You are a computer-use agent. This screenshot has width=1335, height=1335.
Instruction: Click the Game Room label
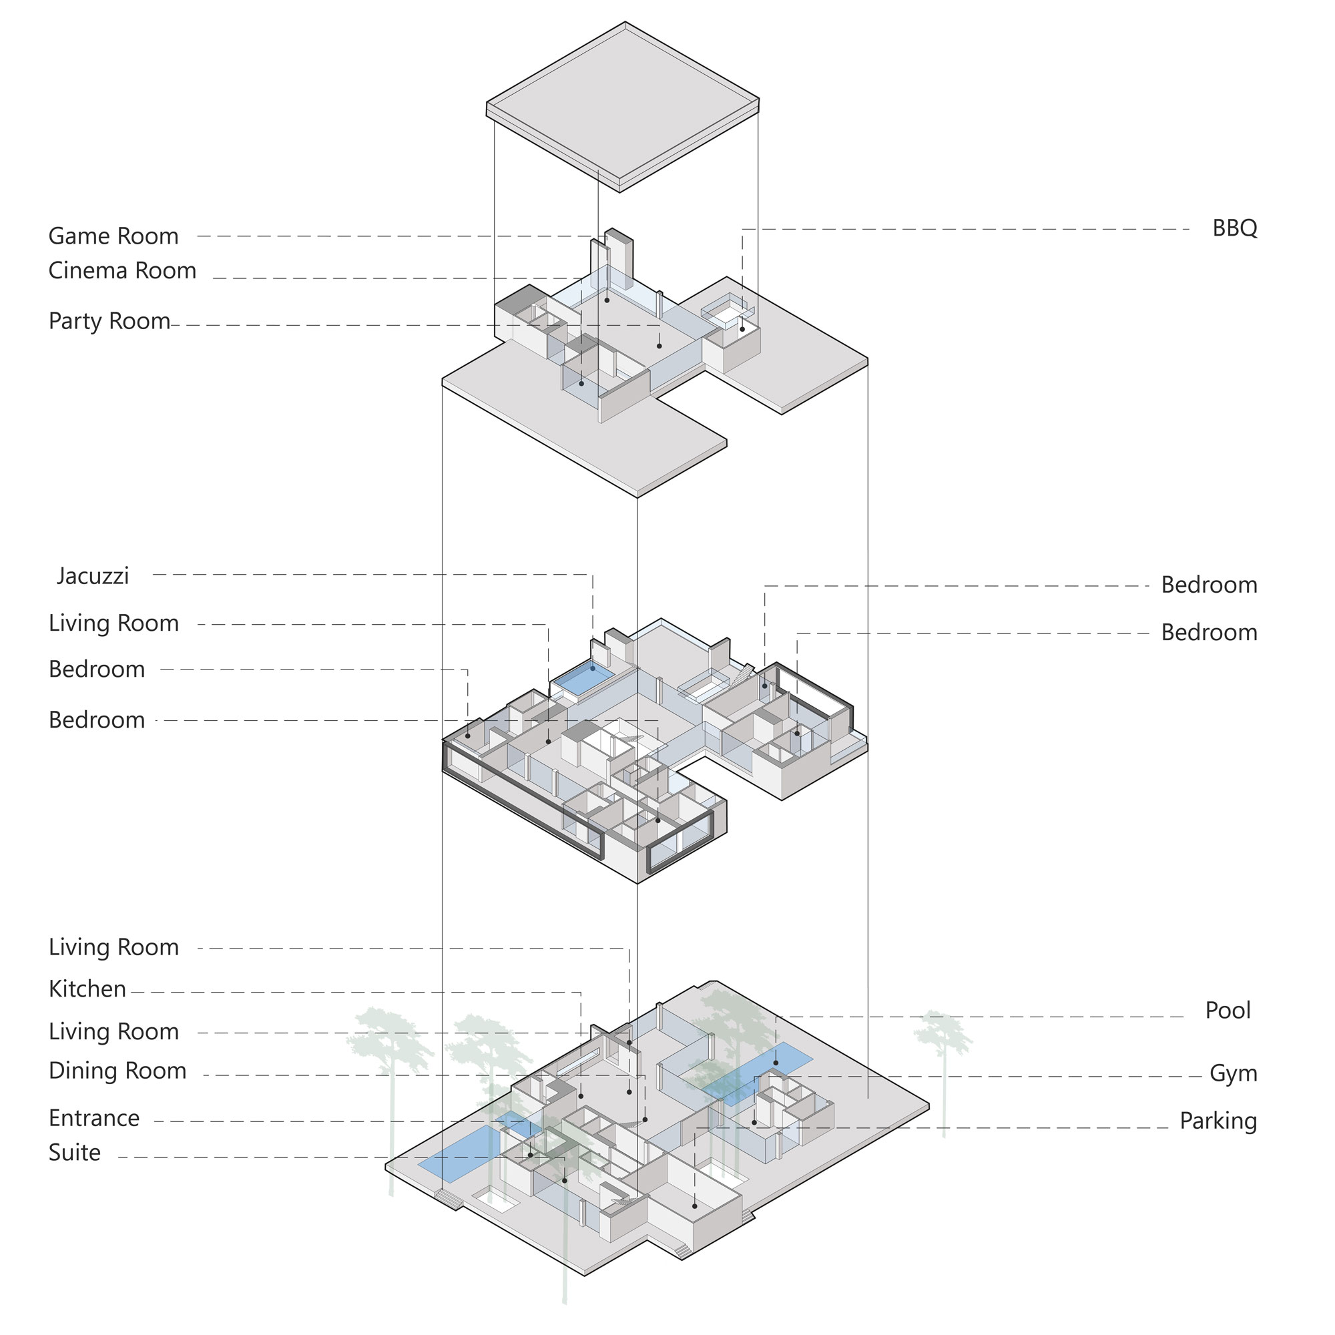coord(113,236)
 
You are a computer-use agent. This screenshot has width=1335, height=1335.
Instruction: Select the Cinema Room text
coord(122,271)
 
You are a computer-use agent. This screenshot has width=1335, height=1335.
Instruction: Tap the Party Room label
coord(109,321)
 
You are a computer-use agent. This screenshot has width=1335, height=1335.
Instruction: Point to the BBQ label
coord(1235,228)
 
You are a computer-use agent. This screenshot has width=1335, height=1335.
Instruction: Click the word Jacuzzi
coord(93,576)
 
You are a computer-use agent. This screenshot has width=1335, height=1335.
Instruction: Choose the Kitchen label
coord(87,989)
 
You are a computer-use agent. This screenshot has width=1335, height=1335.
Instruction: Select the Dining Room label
coord(117,1071)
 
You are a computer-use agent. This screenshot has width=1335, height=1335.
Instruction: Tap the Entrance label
coord(94,1118)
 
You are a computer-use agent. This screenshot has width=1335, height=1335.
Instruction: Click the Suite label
coord(75,1153)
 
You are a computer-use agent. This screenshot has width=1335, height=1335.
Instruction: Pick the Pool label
coord(1228,1011)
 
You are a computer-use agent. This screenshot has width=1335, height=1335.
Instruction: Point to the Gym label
coord(1234,1073)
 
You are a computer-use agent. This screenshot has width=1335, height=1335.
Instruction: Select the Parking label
coord(1218,1121)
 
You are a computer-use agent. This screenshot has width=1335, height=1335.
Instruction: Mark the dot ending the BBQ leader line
coord(743,329)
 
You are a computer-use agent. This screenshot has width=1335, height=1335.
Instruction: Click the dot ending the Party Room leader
coord(659,346)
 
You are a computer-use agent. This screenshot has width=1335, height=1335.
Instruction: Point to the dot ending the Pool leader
coord(775,1063)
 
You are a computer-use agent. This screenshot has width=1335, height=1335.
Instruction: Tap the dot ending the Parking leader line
coord(694,1206)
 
